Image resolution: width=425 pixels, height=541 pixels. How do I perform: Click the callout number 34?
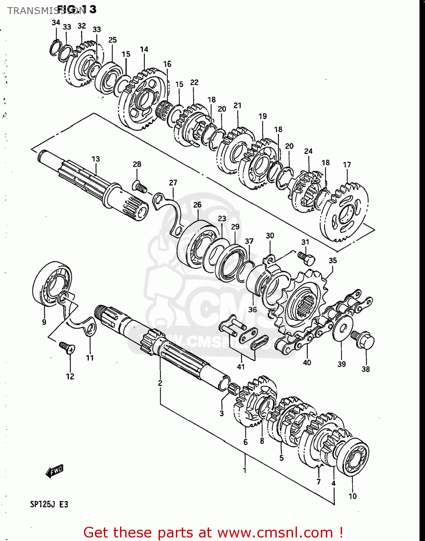click(56, 23)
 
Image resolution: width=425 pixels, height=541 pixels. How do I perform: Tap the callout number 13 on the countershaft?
click(96, 159)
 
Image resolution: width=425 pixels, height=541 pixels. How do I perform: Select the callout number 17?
click(347, 165)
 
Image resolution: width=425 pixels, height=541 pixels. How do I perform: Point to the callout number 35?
click(333, 260)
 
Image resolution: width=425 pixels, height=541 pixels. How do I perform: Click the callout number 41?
click(241, 367)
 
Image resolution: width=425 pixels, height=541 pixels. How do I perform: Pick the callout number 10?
click(353, 496)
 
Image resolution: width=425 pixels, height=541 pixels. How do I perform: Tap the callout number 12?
click(70, 377)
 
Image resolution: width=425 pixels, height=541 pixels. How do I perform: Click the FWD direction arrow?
click(55, 471)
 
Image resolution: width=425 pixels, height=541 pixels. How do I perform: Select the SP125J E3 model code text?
click(49, 504)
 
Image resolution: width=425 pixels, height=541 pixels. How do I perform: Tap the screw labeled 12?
click(67, 347)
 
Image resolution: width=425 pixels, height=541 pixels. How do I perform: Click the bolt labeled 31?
click(307, 258)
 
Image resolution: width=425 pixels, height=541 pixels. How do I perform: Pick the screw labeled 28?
click(140, 187)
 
